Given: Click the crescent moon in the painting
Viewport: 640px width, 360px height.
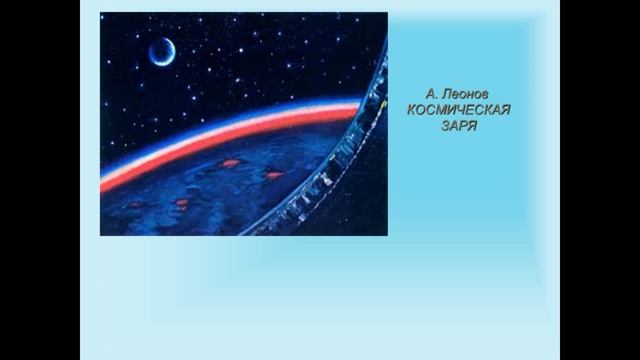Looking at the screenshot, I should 160,51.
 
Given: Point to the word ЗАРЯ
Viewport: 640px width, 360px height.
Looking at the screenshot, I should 459,127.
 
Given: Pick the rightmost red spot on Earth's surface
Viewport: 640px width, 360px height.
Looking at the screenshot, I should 273,175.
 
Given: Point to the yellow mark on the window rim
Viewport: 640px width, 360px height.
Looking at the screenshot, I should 384,101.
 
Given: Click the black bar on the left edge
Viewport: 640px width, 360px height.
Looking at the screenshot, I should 40,180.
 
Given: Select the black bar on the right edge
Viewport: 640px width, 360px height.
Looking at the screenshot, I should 600,180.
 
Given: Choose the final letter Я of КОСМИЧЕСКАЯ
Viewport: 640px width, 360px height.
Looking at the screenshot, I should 505,110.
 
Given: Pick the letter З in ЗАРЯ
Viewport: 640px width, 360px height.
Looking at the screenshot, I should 444,127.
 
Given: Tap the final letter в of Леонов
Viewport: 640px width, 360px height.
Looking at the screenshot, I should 486,93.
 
